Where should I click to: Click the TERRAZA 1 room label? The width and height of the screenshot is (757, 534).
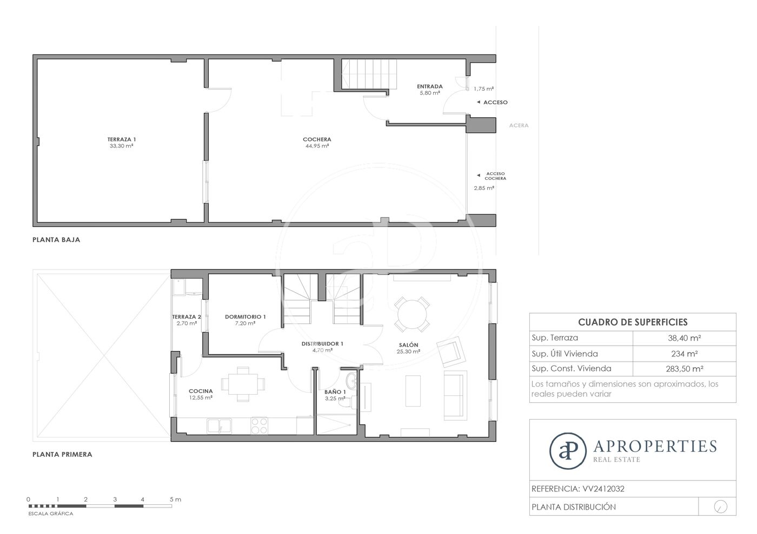pos(122,139)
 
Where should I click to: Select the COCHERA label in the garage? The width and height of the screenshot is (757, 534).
pos(317,139)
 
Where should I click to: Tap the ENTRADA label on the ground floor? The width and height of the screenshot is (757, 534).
pos(429,86)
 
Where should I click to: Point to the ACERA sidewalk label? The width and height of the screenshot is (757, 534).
pos(519,125)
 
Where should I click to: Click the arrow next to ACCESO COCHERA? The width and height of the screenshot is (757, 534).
pos(478,175)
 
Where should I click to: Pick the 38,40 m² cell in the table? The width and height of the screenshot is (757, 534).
pos(685,338)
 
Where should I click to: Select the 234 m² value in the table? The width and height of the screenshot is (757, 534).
pos(685,354)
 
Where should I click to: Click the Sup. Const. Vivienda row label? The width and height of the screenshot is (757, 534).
pos(572,368)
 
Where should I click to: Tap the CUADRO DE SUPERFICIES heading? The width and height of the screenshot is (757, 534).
pos(633,322)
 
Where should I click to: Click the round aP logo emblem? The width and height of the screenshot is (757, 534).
pos(568,451)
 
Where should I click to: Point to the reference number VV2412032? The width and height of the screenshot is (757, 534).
pos(603,489)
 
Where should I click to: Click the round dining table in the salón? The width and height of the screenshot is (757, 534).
pos(412,314)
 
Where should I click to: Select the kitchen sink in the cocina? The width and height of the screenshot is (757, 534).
pos(220,425)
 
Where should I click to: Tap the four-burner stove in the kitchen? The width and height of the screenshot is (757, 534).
pos(259,425)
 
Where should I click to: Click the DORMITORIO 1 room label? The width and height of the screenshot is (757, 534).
pos(245,316)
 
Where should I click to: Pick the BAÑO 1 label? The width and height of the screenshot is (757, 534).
pos(335,392)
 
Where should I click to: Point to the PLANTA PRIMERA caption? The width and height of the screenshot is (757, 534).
pos(62,454)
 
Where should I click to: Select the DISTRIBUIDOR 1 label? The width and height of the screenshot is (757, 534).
pos(322,343)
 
